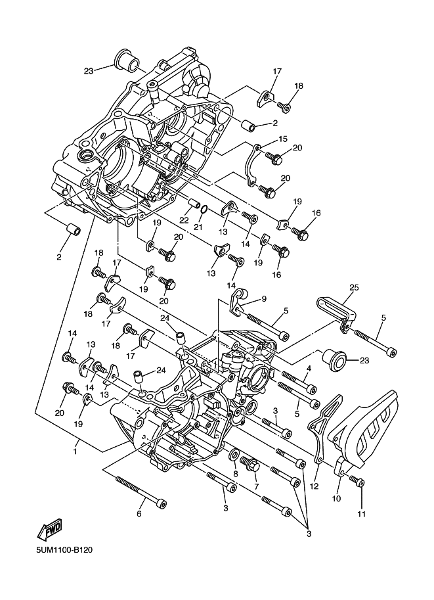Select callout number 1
click(x=76, y=452)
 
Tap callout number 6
click(x=139, y=513)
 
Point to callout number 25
click(x=354, y=287)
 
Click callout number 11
click(x=361, y=514)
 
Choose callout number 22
click(x=184, y=220)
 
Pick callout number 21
click(x=198, y=227)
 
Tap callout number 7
click(x=256, y=487)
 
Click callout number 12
click(x=314, y=487)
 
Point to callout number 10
click(x=337, y=499)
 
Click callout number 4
click(x=309, y=369)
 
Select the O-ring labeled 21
click(x=204, y=210)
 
